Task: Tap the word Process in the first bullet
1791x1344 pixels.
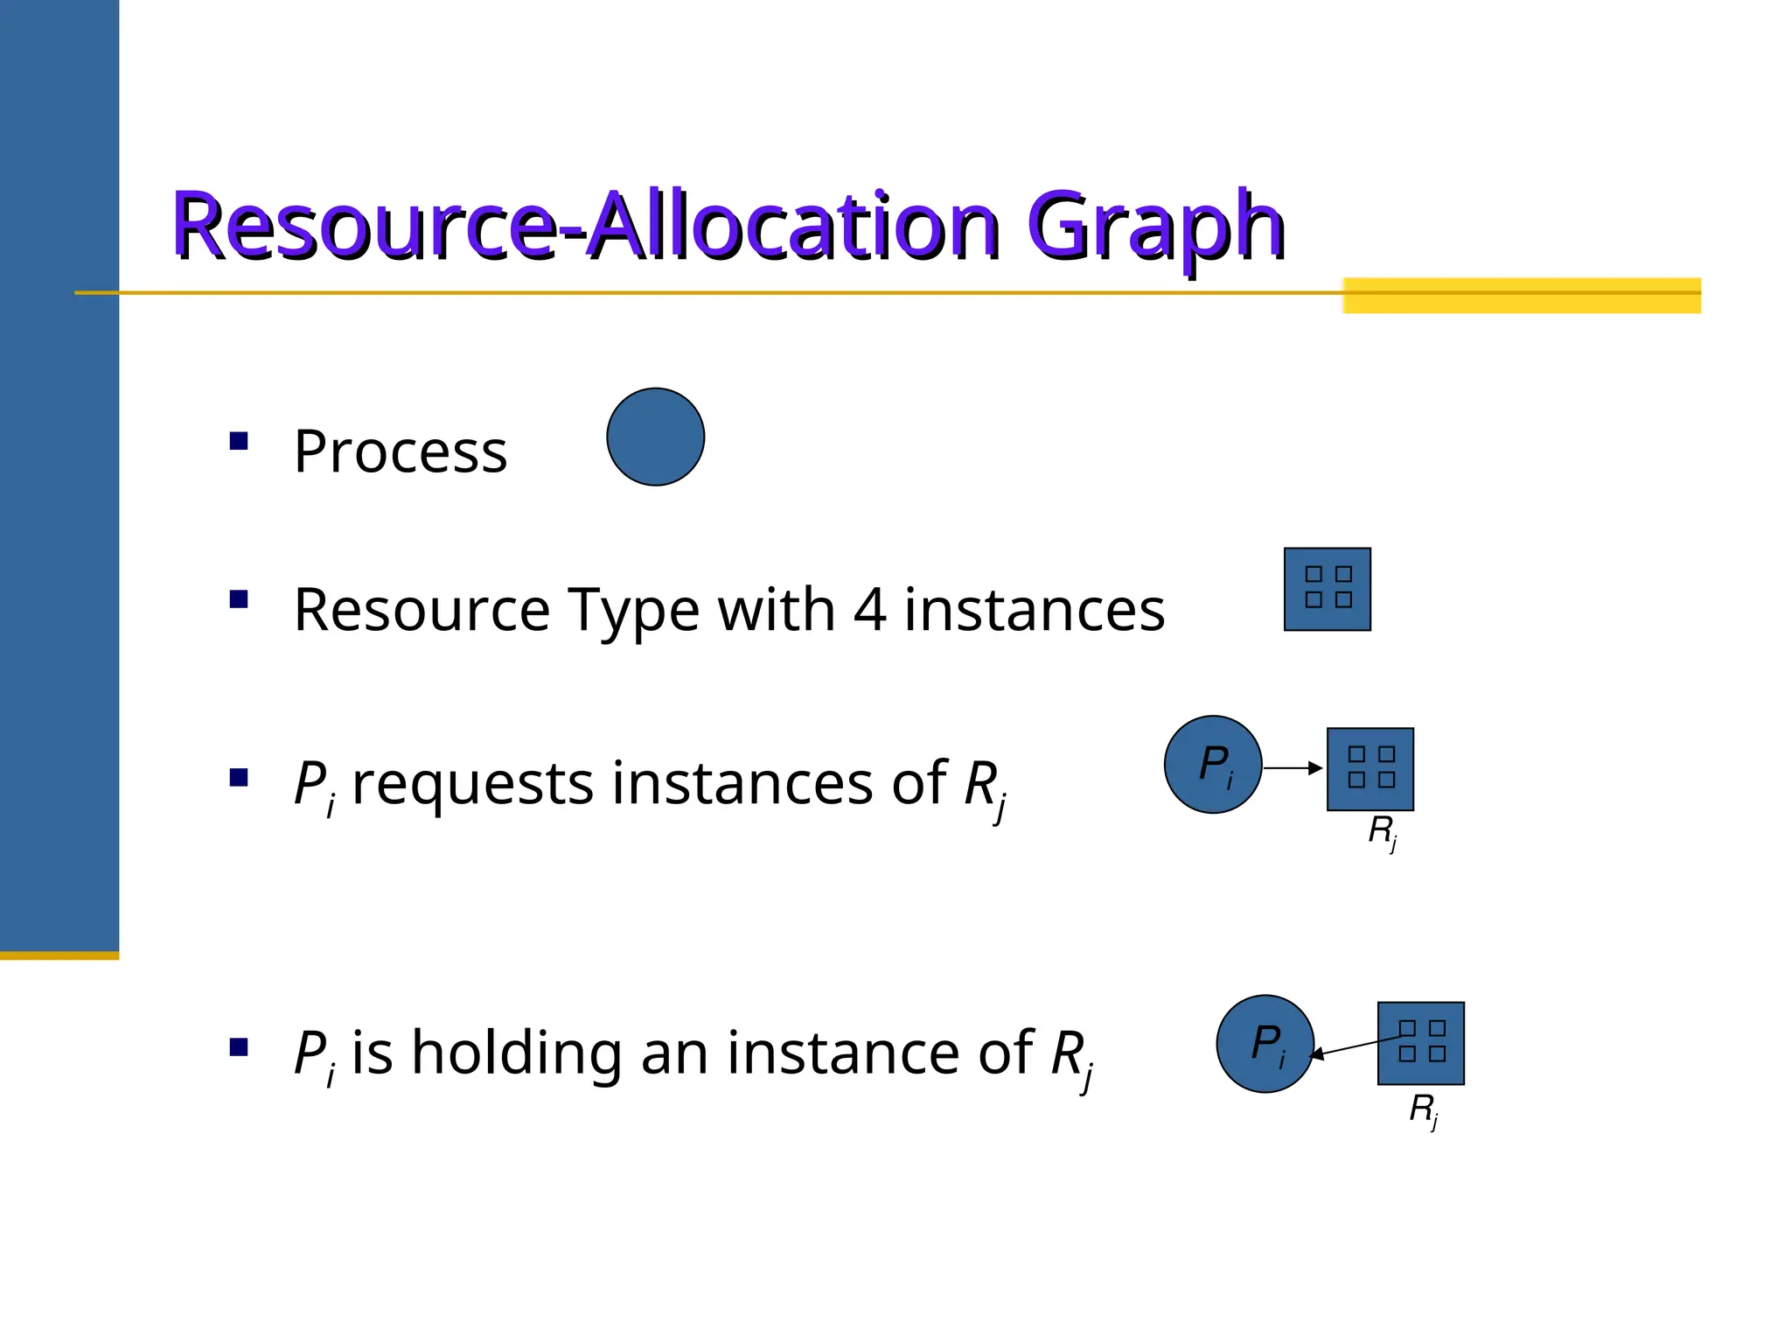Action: coord(401,452)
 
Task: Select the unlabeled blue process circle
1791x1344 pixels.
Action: coord(655,437)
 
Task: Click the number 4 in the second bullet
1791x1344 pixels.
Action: coord(869,609)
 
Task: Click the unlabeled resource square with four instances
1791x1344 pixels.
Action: coord(1327,589)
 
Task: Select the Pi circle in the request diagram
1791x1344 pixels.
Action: coord(1213,765)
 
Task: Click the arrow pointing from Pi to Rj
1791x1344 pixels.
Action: coord(1293,768)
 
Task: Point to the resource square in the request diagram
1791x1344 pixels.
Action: coord(1369,769)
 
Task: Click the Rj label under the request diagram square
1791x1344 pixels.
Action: coord(1383,831)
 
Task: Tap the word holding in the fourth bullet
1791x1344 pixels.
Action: coord(515,1053)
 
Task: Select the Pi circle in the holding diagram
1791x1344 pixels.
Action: coord(1265,1044)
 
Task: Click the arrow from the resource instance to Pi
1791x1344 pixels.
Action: coord(1355,1046)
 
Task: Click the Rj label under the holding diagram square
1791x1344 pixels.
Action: coord(1424,1109)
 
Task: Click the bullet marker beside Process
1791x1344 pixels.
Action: coord(239,441)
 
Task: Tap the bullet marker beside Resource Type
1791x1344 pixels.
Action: coord(239,599)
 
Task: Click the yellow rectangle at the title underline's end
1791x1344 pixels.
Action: coord(1521,296)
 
